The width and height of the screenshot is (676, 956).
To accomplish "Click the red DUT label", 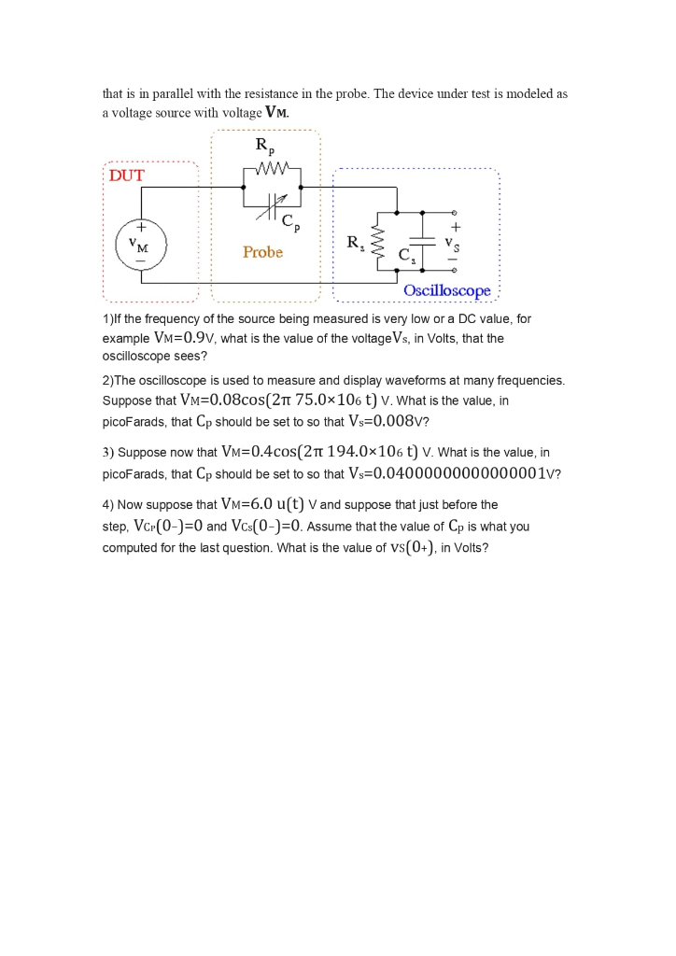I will [x=127, y=176].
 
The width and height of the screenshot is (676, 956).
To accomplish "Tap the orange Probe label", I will [x=262, y=252].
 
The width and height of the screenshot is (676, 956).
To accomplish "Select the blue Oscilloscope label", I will [x=447, y=291].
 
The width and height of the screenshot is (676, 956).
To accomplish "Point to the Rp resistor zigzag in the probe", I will [x=271, y=171].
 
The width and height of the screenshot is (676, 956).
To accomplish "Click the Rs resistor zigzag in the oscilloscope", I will [x=378, y=244].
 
